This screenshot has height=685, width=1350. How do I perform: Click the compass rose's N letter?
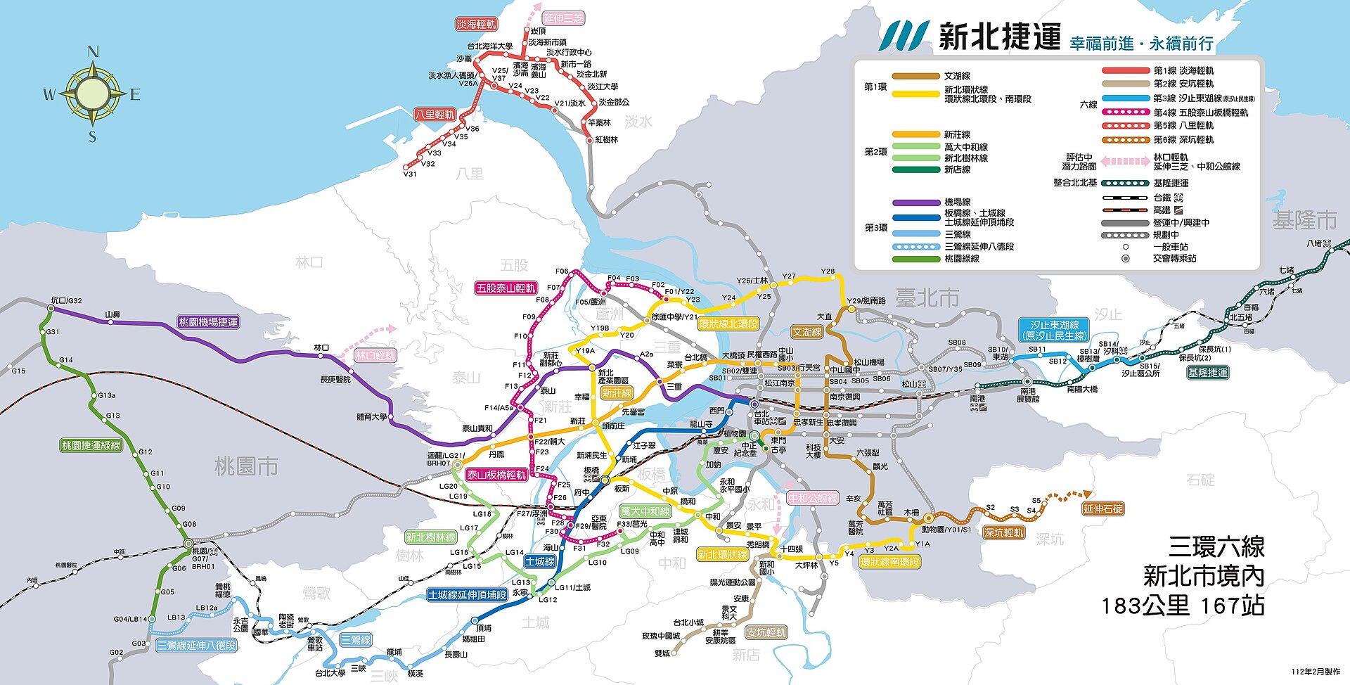click(x=93, y=52)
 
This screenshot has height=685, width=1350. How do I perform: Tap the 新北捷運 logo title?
click(x=999, y=36)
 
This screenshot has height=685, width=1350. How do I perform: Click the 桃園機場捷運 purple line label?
click(x=208, y=322)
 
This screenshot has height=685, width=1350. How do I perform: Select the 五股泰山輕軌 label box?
click(x=506, y=288)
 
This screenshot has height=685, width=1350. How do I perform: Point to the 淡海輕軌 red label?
click(x=476, y=24)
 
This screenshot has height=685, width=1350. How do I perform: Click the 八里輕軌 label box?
click(x=435, y=114)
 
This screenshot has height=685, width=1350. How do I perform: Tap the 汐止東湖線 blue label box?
click(x=1054, y=331)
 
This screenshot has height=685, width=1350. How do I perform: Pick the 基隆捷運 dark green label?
click(x=1207, y=373)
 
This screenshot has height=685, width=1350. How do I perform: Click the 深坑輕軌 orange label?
click(x=1003, y=533)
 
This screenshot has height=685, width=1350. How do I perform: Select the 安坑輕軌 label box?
click(x=766, y=632)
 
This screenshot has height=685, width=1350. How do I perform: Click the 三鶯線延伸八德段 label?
click(x=196, y=645)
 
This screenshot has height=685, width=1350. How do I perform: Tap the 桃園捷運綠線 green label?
click(x=91, y=445)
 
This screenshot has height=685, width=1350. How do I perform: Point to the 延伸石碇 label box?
click(x=1102, y=508)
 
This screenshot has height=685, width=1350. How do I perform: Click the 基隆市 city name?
click(x=1304, y=220)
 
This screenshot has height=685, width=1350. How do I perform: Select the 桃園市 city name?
click(x=246, y=466)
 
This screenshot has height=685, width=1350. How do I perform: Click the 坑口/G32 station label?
click(x=66, y=300)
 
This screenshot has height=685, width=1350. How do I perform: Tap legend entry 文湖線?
click(x=957, y=76)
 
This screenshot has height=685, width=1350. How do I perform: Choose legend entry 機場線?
click(x=957, y=202)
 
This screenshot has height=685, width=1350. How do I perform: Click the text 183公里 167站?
click(x=1183, y=606)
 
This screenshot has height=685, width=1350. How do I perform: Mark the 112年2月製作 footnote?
click(x=1315, y=672)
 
